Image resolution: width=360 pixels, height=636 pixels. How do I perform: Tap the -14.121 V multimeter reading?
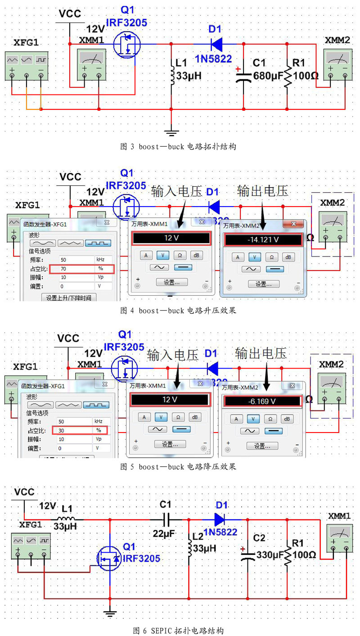(x=263, y=240)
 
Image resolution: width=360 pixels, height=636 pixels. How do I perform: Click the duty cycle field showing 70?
(x=81, y=269)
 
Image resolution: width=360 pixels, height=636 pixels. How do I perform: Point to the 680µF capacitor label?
(x=268, y=75)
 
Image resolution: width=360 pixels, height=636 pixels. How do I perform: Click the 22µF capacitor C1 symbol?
(x=168, y=520)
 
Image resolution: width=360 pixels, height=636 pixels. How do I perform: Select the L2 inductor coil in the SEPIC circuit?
(x=188, y=549)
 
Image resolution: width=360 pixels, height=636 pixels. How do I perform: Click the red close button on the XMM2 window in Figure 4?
(x=294, y=224)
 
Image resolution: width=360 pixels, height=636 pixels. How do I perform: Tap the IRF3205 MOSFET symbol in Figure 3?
(x=127, y=44)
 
